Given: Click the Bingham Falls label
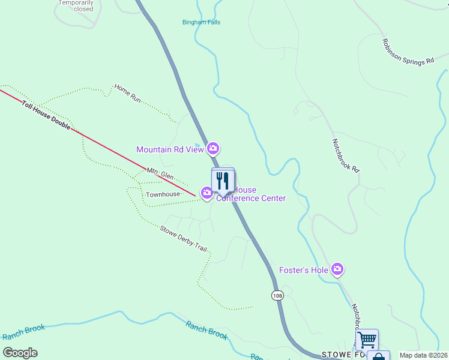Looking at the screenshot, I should coord(201,22).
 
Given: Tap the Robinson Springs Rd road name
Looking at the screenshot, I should coord(408,52).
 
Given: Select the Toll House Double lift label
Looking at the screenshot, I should coord(46,116).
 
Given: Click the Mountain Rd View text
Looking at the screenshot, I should coord(170,149).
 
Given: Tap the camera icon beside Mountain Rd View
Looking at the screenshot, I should coord(212,148).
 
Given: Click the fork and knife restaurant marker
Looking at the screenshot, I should coord(223,181).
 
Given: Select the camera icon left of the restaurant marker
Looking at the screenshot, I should coord(206,193).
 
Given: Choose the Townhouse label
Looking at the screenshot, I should coord(163,195).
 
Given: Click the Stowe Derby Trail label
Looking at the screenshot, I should coord(183,239).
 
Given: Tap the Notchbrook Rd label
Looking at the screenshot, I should coord(345,156).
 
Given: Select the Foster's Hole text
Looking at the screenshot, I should coord(304,270).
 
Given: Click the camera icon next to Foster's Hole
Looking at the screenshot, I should coord(337,270).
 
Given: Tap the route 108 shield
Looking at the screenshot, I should coord(277,296).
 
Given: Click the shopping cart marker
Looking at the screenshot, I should coord(366,340).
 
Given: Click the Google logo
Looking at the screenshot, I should coord(20,353).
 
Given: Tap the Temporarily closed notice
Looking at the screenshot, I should coord(76,6).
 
